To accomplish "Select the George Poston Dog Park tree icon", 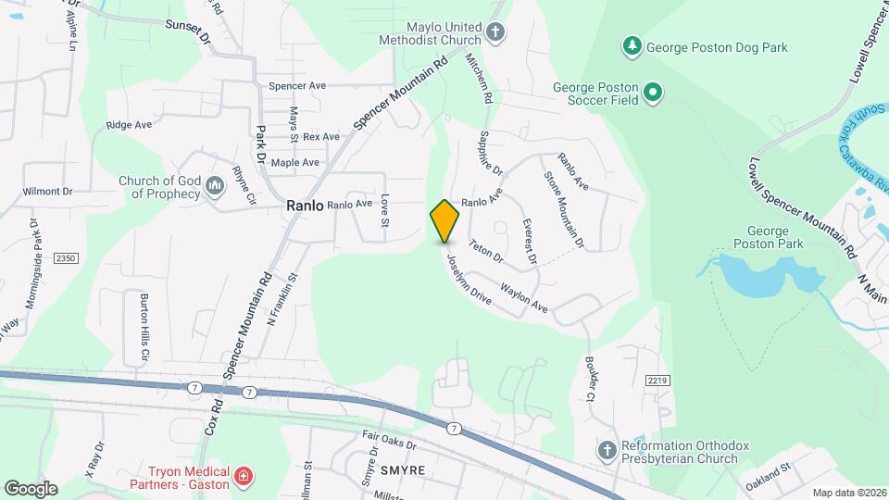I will [x=632, y=44].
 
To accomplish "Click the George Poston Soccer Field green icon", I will [x=653, y=92].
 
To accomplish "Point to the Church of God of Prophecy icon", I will [x=215, y=187].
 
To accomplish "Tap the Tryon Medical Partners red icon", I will [x=244, y=477].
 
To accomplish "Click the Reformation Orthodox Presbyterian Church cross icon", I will [x=607, y=451].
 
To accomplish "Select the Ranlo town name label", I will [x=305, y=206].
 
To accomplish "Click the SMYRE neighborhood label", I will [x=402, y=470].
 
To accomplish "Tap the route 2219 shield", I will [x=657, y=381].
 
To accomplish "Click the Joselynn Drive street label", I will [x=469, y=280].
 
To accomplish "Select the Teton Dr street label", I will [x=484, y=250].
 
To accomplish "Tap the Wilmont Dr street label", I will [x=48, y=192].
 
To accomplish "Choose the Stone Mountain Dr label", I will [x=564, y=211].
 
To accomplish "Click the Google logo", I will [x=31, y=488].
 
